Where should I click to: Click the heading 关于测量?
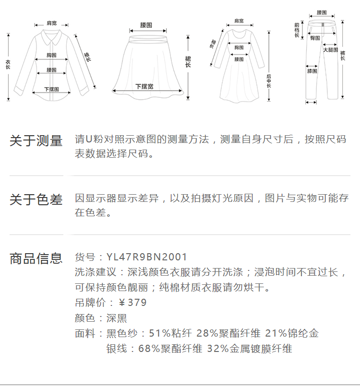[x=36, y=141]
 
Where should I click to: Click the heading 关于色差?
[x=36, y=199]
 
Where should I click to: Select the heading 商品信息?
[x=36, y=258]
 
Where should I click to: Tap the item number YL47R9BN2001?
[x=147, y=257]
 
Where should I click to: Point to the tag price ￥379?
[x=132, y=303]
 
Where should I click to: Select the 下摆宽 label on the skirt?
[x=144, y=86]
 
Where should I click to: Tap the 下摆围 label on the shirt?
[x=51, y=89]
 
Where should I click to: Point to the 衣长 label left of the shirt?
[x=8, y=65]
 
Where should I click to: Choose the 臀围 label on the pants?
[x=315, y=38]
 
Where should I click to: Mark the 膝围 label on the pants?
[x=312, y=71]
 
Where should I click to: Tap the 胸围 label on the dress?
[x=239, y=47]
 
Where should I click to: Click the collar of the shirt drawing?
[x=50, y=35]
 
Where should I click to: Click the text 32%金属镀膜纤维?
[x=250, y=349]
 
